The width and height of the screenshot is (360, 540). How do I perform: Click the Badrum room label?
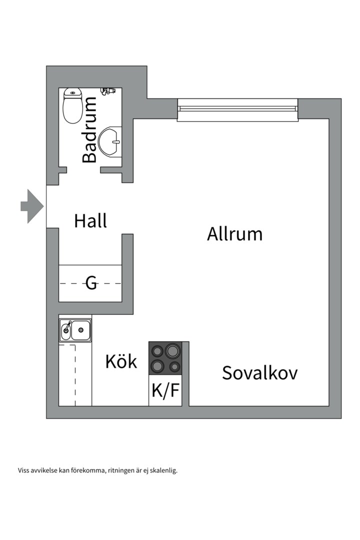(x=89, y=130)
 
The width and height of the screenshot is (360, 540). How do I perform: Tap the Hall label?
(x=90, y=220)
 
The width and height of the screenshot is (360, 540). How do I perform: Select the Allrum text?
(x=234, y=233)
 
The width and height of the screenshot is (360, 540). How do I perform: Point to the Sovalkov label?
(x=259, y=373)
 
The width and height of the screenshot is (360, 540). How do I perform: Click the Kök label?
(x=121, y=361)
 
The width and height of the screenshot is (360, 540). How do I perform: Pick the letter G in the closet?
(x=91, y=283)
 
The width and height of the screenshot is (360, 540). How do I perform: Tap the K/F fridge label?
(x=165, y=390)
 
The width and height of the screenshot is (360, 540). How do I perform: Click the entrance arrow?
(x=32, y=206)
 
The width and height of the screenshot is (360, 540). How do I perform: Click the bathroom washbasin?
(x=110, y=142)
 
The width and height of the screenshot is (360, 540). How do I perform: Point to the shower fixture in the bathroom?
(x=107, y=91)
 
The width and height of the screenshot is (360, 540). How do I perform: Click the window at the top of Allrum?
(x=238, y=109)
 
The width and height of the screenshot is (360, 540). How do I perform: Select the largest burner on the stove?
(x=172, y=350)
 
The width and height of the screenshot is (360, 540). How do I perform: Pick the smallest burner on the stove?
(x=174, y=367)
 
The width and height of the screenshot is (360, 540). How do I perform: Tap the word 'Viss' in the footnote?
(x=23, y=470)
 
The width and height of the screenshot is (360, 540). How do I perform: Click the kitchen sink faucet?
(x=66, y=328)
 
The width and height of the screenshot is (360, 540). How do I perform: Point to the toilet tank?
(x=73, y=92)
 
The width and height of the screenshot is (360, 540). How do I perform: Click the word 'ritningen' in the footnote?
(x=119, y=470)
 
